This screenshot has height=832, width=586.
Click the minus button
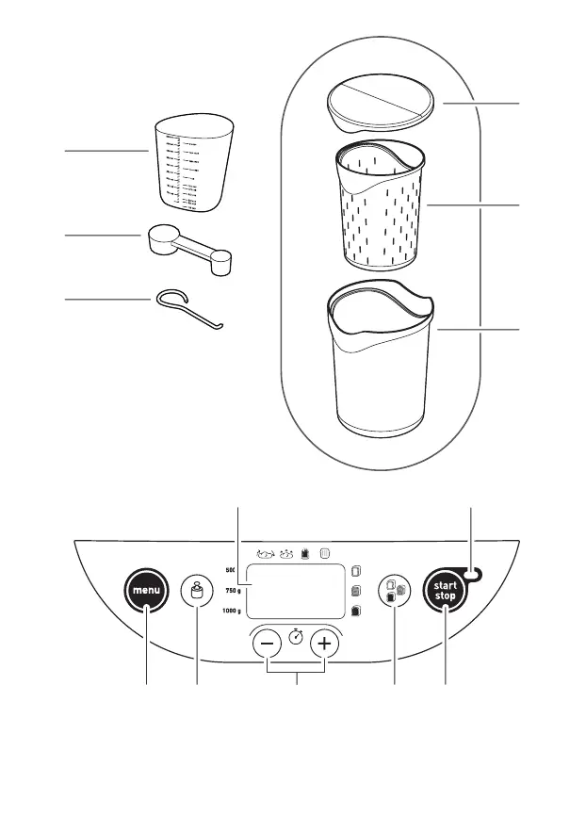268,644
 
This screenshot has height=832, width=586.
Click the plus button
325,644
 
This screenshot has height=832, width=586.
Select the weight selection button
197,591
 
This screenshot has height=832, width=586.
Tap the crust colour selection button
394,591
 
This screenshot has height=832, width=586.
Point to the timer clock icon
296,637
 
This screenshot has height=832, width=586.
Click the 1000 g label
231,611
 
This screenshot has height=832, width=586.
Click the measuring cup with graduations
192,166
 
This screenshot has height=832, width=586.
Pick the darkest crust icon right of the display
356,611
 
